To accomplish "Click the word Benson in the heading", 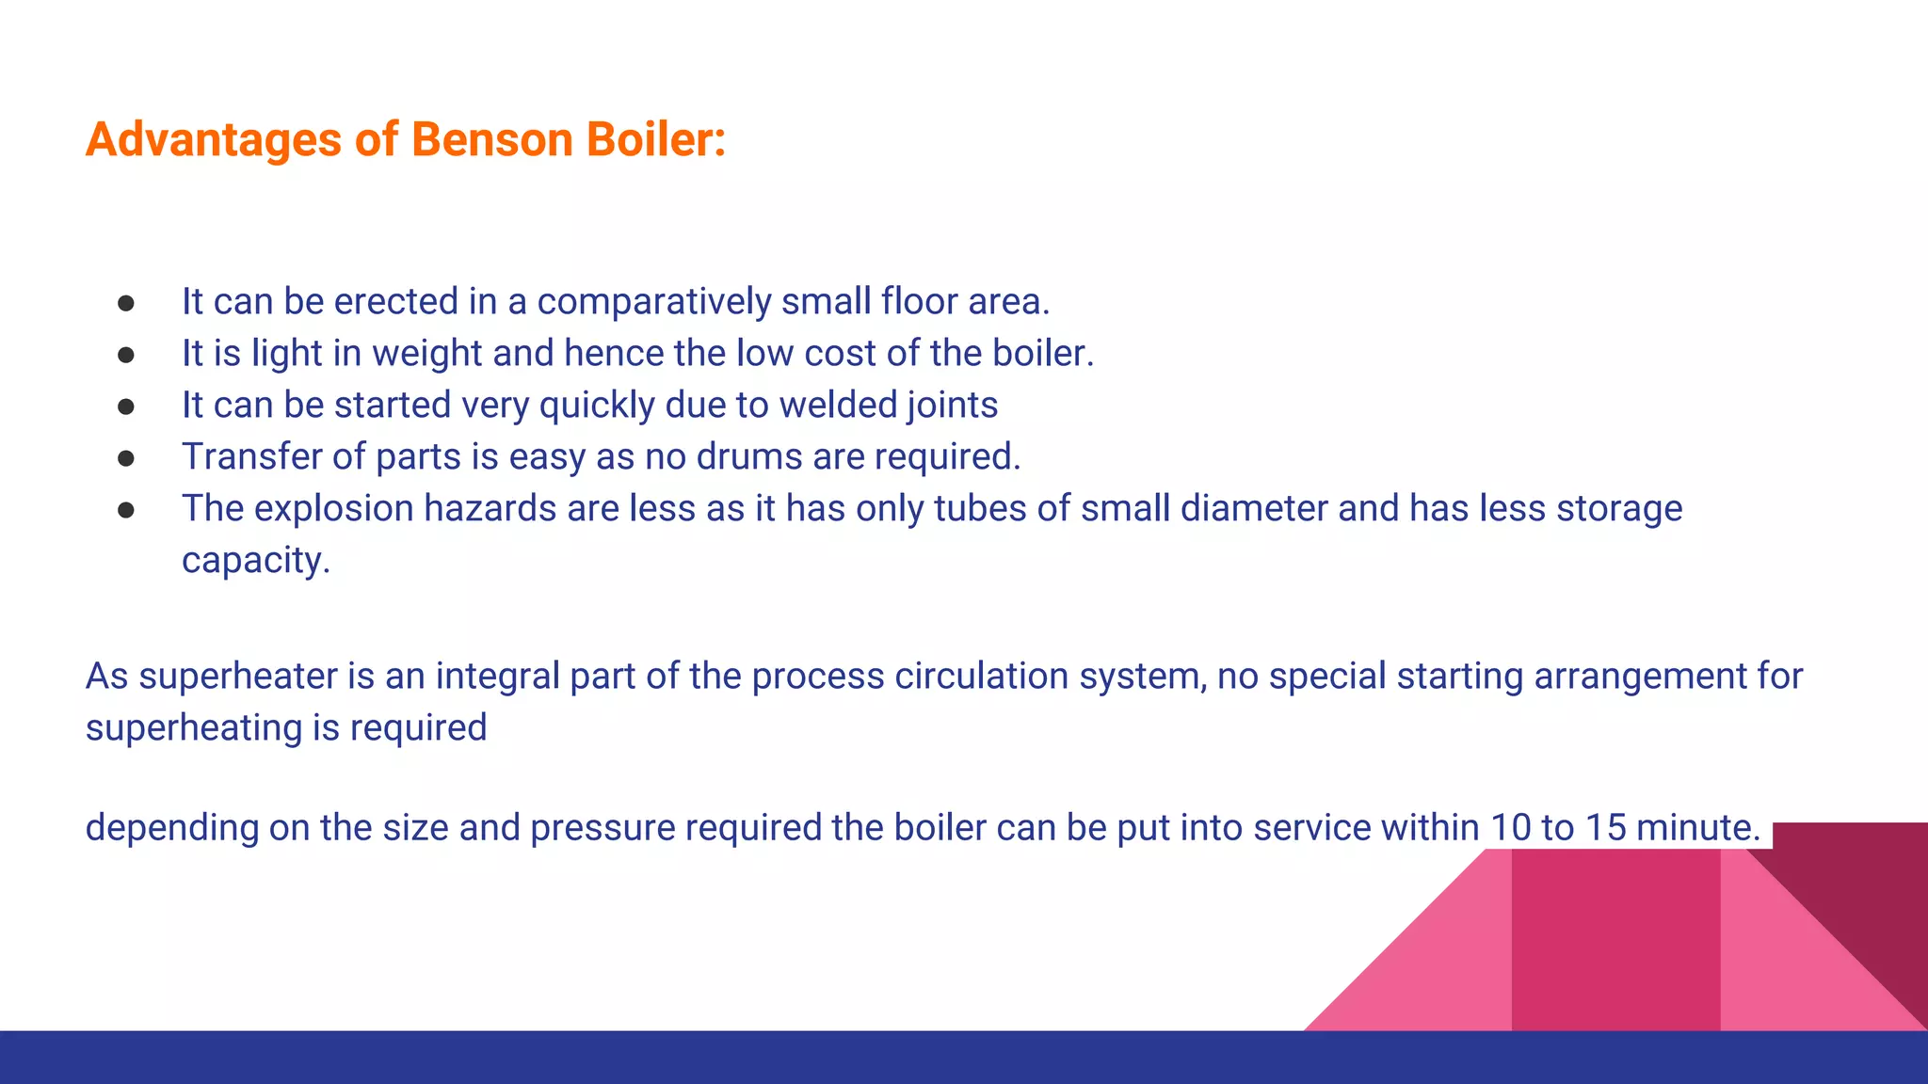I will pos(491,139).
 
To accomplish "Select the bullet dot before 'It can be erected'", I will pos(126,303).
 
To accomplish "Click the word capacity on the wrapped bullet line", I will pos(254,561).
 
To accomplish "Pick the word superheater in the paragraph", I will pos(238,677).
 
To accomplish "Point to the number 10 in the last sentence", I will pos(1510,828).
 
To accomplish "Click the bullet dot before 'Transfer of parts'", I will pos(126,458).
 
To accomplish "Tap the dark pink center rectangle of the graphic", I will pos(1615,941).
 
